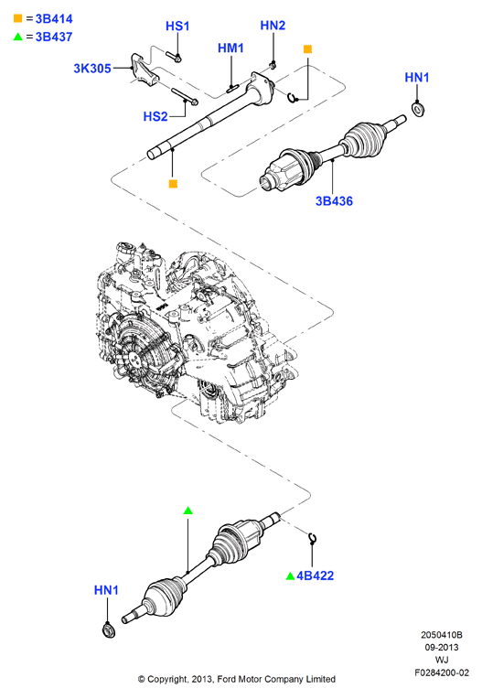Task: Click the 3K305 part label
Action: [92, 69]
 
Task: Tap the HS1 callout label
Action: [177, 26]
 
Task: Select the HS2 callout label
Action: [155, 116]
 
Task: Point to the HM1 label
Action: [230, 48]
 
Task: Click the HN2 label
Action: [273, 25]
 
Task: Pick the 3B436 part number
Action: [334, 201]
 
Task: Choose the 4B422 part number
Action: [315, 576]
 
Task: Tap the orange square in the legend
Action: [17, 18]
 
